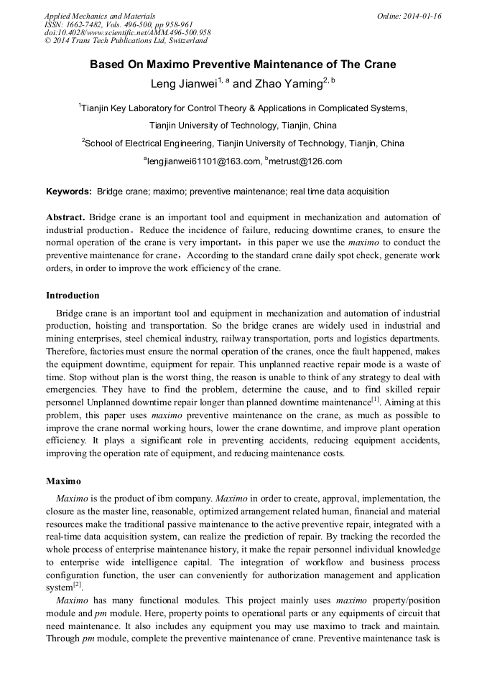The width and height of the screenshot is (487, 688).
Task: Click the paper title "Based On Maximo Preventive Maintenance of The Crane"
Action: click(x=243, y=65)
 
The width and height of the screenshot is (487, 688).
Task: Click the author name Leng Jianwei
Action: click(x=183, y=84)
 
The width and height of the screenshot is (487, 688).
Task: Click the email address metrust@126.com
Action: click(x=305, y=161)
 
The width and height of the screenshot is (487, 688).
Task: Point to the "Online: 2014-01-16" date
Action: click(x=409, y=16)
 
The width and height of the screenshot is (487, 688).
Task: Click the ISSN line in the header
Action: click(x=118, y=24)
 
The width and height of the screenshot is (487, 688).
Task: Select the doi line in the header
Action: click(x=127, y=32)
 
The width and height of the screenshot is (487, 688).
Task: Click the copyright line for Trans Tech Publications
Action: click(x=126, y=41)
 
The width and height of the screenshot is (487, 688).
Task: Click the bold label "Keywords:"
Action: click(x=69, y=192)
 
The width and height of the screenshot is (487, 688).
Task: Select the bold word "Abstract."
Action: click(x=65, y=217)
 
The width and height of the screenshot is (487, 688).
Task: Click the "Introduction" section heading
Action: click(x=73, y=296)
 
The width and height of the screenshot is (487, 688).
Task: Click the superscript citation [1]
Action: click(x=375, y=400)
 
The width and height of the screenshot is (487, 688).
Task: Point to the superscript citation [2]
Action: click(x=78, y=585)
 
